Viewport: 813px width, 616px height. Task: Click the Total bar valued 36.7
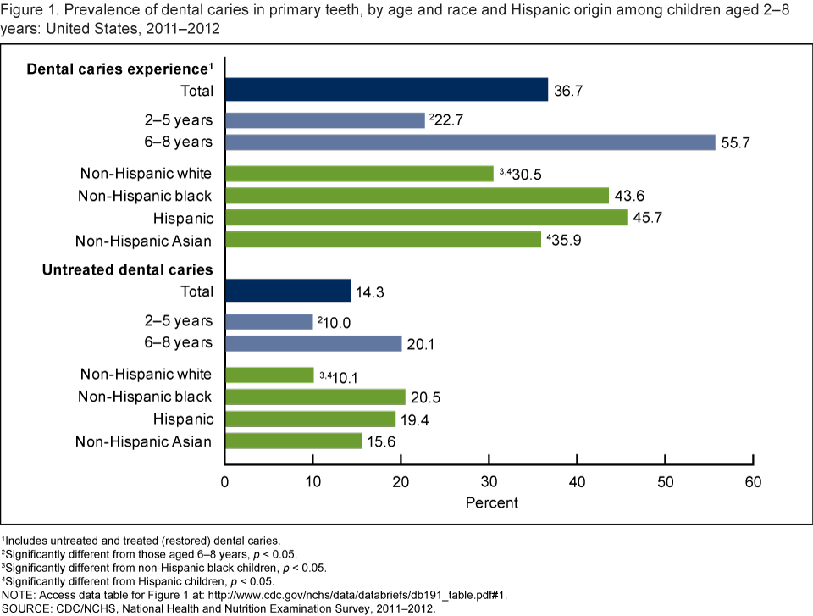point(386,90)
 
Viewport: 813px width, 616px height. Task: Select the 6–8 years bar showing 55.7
point(470,142)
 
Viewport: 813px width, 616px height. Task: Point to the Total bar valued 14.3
point(288,291)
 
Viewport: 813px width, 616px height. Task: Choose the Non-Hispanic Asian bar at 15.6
point(293,441)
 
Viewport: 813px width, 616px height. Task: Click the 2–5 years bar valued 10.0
point(268,322)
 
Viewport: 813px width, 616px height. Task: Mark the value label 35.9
point(563,241)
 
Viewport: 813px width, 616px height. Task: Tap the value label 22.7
point(448,121)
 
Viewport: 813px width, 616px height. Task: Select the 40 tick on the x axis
point(577,482)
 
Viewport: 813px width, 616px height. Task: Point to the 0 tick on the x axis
point(224,482)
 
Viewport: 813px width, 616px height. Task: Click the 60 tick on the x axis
point(753,482)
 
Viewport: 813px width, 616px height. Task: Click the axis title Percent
point(492,502)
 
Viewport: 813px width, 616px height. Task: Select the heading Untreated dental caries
point(128,269)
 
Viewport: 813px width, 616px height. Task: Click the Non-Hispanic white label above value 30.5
point(146,174)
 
